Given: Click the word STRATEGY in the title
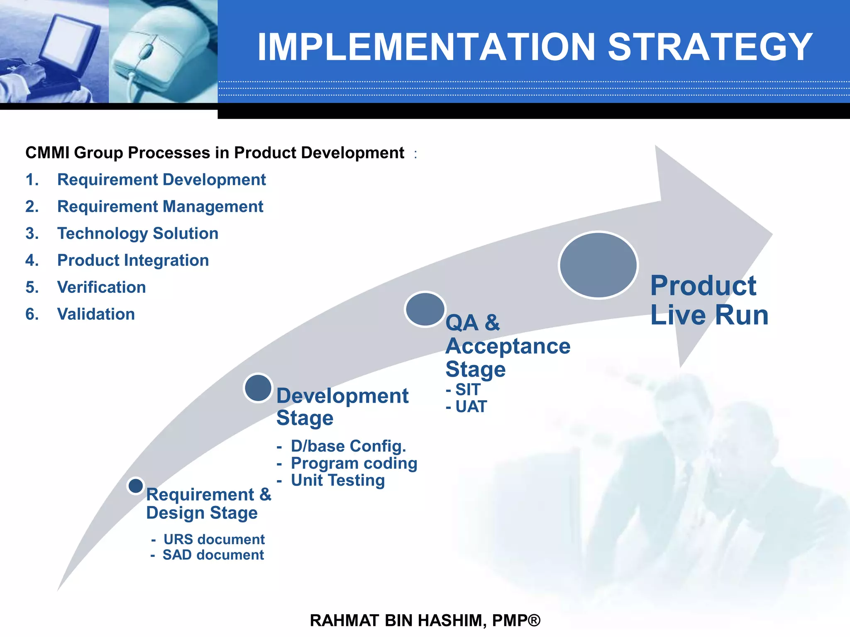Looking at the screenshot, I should point(710,47).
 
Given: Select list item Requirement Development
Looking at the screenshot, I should point(161,180).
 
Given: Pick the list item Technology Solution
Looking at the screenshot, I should point(137,233).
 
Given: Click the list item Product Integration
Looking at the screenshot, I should point(133,260).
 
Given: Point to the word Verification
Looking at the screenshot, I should point(101,287).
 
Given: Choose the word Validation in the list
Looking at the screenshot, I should point(96,314).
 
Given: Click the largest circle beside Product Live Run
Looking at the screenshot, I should point(598,265).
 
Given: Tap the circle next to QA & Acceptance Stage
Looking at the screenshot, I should point(425,309).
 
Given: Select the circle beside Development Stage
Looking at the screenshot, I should point(258,388).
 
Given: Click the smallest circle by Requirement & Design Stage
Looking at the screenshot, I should point(136,486).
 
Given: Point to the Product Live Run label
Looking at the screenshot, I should point(709,300).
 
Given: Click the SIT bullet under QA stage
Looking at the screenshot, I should point(467,390).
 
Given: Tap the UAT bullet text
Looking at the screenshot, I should point(470,407).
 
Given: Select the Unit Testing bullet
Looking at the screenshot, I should point(337,480).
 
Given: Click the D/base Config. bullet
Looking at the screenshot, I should point(348,446).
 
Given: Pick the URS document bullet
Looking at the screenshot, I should point(213,540).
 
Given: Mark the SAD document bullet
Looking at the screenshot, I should point(212,555).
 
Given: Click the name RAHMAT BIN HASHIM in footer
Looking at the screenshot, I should point(397,620).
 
